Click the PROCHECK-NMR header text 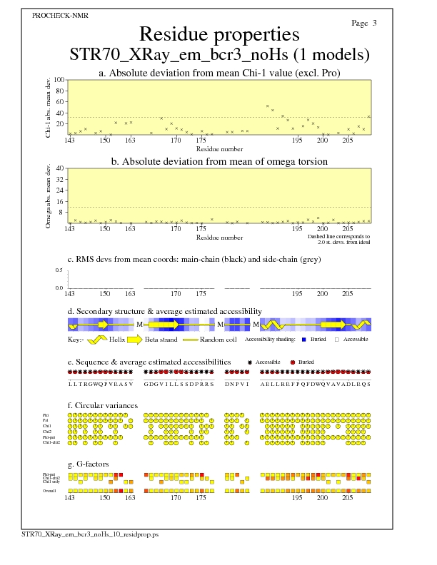tap(56, 15)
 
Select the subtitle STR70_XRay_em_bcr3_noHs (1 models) tap(218, 54)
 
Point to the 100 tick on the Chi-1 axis tap(59, 81)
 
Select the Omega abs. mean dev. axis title tap(49, 195)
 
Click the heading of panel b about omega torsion tap(218, 162)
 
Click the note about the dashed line tap(338, 239)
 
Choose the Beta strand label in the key tap(186, 340)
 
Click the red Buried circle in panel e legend tap(293, 362)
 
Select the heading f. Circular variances tap(103, 406)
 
